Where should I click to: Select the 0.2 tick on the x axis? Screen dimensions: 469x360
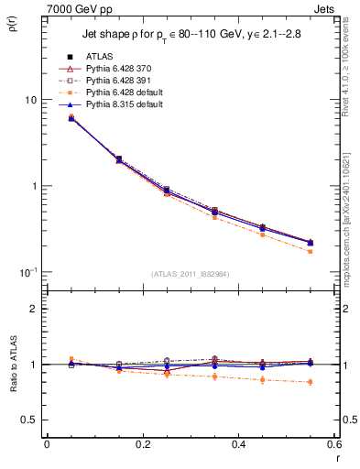point(142,443)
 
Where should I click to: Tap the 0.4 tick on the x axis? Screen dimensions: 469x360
point(238,443)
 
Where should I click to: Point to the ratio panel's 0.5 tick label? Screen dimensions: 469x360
point(29,420)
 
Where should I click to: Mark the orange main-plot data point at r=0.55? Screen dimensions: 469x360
point(311,251)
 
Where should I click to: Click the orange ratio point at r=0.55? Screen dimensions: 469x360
point(311,382)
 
